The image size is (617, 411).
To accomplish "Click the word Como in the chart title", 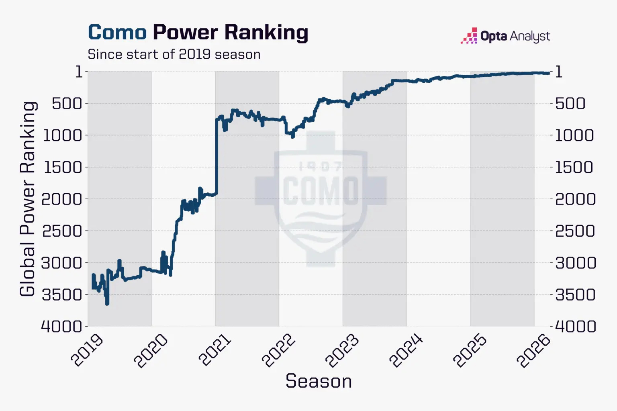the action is click(x=117, y=33).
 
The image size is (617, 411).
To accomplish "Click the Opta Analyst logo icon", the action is click(x=469, y=35).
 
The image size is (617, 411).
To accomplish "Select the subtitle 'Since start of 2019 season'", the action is click(x=174, y=54).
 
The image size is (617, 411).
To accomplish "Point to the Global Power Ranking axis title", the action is click(x=28, y=199).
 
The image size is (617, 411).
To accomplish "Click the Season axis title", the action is click(x=319, y=381).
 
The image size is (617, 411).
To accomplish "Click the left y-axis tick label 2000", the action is click(x=62, y=199).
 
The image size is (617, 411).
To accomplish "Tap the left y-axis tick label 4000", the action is click(x=62, y=327).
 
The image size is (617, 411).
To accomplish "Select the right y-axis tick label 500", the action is click(x=570, y=104).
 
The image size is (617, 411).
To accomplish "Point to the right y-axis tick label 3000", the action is click(x=575, y=263).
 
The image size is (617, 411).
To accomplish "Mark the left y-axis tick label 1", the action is click(x=79, y=72).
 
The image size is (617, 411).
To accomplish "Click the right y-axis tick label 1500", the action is click(x=574, y=167).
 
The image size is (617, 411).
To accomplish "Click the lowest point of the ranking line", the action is click(x=107, y=304).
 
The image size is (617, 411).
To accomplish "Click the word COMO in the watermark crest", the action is click(x=321, y=190).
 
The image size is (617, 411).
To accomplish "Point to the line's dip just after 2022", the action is click(x=292, y=135).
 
